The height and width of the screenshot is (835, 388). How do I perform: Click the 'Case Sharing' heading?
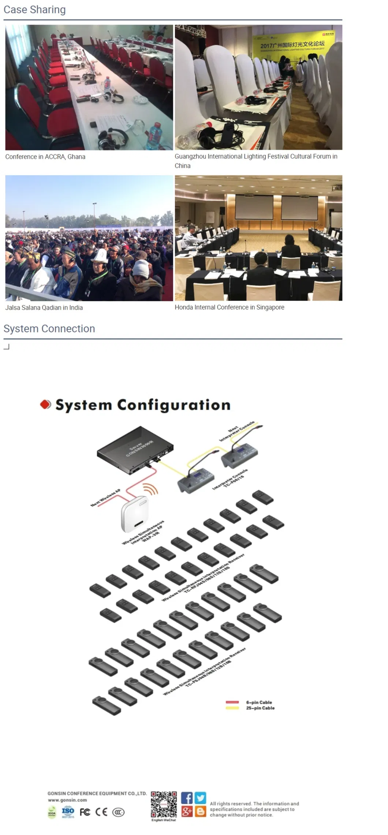coord(34,10)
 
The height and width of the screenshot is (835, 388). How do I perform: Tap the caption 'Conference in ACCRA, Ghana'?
coord(45,157)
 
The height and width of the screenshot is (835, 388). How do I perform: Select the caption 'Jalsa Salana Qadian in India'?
coord(44,307)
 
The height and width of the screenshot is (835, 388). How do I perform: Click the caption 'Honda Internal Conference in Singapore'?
coord(229,307)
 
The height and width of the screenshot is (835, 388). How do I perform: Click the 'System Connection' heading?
coord(49,328)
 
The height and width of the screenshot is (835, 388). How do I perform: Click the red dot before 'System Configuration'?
coord(45,404)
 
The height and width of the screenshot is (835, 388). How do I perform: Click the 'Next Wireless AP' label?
coord(105,497)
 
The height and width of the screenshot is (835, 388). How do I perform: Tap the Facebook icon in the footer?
coord(187,798)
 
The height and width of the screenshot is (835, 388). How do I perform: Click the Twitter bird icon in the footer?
coord(200,797)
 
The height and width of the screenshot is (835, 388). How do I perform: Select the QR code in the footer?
coord(164,804)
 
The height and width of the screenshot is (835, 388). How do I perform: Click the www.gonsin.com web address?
coord(67,800)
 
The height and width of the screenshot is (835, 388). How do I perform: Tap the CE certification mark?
coord(101,812)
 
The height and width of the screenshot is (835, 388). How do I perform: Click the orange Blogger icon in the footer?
coord(200,811)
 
